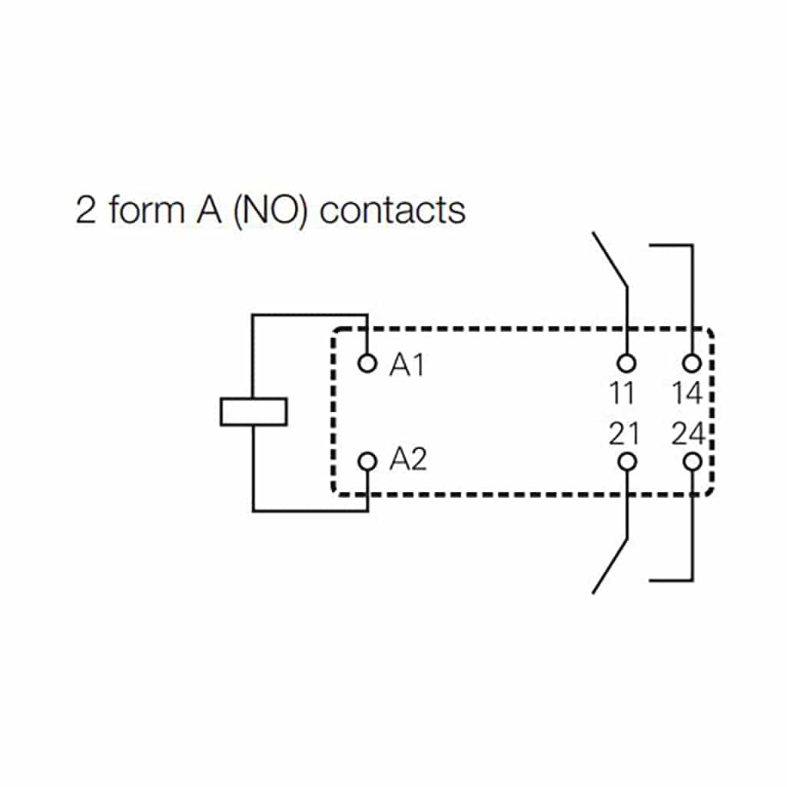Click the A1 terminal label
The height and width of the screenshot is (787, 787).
407,366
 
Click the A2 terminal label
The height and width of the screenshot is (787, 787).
407,460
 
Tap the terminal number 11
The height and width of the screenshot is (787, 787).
622,393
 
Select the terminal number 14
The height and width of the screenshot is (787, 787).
687,393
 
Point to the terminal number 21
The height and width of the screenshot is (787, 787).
623,434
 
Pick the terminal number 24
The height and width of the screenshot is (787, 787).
688,434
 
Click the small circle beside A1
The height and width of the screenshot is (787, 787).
368,362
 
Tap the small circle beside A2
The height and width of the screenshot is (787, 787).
368,461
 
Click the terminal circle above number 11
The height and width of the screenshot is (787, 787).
627,362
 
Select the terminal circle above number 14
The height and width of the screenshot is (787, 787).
692,362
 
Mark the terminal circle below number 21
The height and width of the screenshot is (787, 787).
627,461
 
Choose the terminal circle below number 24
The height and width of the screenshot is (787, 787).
692,461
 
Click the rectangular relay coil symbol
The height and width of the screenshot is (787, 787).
253,411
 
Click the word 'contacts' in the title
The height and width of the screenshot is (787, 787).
392,210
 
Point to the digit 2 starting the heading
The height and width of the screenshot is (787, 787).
86,210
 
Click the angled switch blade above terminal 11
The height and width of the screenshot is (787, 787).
610,259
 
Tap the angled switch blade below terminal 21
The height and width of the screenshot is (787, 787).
610,566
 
